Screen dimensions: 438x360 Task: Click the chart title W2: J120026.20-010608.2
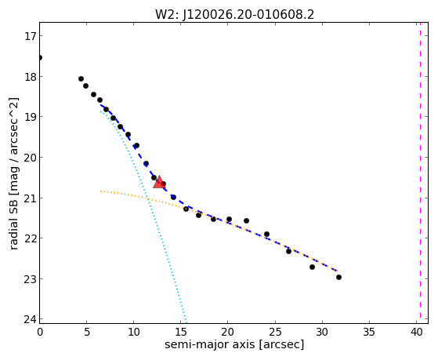[234, 14]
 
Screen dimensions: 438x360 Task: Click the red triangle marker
[159, 182]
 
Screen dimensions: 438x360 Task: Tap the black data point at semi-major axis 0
[40, 57]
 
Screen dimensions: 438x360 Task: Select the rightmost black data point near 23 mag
[338, 277]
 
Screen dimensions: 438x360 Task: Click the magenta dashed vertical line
[420, 173]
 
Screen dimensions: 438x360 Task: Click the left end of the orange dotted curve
[100, 191]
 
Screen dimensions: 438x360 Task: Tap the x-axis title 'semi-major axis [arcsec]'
[234, 344]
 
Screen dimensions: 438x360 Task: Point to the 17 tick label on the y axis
[30, 36]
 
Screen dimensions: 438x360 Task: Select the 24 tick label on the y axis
[30, 319]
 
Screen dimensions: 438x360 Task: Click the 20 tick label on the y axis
[30, 158]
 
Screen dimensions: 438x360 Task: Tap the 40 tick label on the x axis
[417, 332]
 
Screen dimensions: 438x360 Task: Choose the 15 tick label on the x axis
[181, 332]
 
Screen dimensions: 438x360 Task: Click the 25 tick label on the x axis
[275, 332]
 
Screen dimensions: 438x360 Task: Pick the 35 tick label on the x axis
[369, 332]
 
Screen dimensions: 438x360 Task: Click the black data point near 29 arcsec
[313, 267]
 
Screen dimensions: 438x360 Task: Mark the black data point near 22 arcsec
[246, 220]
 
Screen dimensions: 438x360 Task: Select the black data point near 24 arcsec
[266, 235]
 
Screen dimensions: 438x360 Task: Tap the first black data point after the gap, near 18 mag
[81, 79]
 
